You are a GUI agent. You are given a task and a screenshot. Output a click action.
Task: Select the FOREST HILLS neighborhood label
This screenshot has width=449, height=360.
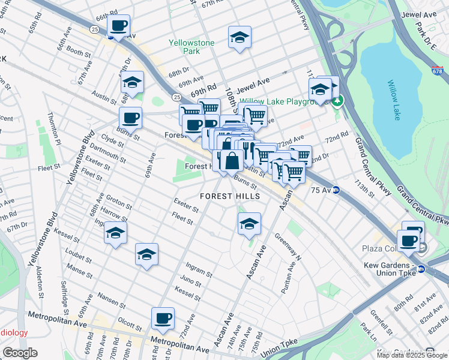pos(230,196)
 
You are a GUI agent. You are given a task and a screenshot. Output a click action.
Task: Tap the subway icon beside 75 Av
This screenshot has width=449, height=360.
pos(337,190)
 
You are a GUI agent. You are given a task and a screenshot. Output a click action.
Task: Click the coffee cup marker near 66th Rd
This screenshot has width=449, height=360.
pos(119,26)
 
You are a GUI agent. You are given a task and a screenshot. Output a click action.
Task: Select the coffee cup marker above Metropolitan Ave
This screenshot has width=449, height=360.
pos(162,317)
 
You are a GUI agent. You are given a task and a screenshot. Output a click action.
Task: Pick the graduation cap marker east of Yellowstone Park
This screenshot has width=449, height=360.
pos(240,37)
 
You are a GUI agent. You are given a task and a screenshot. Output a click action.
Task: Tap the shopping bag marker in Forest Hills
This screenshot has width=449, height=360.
pos(232,160)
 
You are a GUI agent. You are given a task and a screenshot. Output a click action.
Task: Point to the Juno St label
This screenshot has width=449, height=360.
pos(190,280)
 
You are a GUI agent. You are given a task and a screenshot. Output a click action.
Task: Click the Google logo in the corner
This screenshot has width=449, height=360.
pos(20,353)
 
